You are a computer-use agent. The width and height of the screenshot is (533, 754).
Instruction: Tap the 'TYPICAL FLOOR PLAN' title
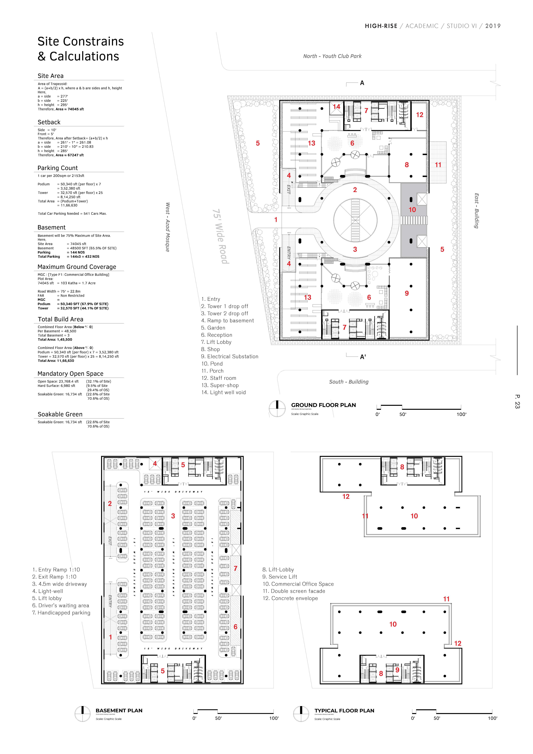(x=344, y=711)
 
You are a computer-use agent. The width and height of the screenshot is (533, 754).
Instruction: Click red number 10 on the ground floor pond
(x=412, y=210)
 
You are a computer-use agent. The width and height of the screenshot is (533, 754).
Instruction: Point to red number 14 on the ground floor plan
(x=337, y=106)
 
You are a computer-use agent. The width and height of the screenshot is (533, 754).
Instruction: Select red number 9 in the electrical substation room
(x=407, y=293)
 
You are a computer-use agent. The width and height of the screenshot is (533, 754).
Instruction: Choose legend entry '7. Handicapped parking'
(x=61, y=612)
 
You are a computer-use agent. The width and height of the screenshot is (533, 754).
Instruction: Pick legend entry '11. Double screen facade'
(x=294, y=591)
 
